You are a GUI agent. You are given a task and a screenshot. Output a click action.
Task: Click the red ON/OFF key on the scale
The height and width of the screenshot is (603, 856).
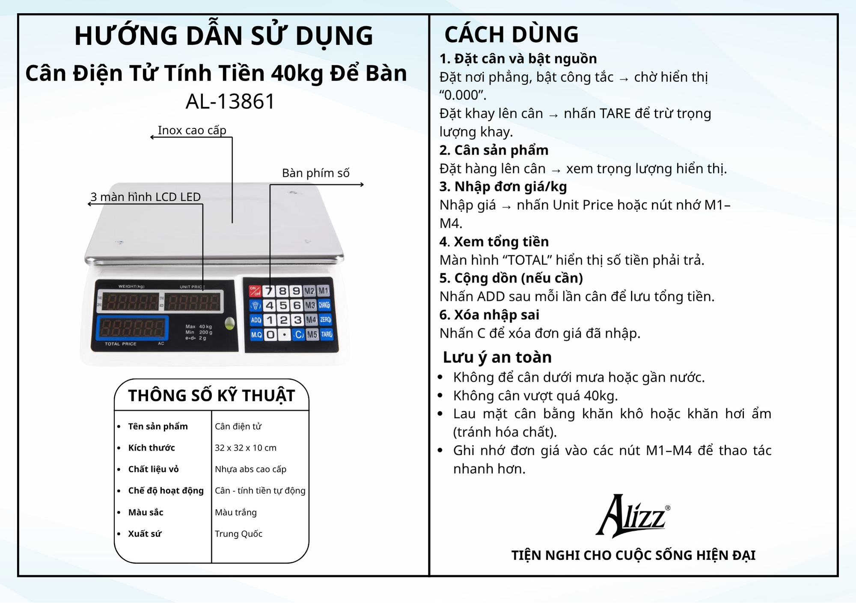[255, 291]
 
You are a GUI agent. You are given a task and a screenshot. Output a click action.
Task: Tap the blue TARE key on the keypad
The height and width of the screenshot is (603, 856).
[327, 334]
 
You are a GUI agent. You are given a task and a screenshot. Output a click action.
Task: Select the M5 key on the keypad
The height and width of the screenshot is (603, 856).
[312, 334]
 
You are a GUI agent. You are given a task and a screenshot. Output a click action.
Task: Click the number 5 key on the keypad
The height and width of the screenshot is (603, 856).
[283, 305]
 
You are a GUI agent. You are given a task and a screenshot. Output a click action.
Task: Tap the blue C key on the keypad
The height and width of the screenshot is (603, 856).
[298, 334]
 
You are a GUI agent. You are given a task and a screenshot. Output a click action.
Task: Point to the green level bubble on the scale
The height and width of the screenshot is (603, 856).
[230, 324]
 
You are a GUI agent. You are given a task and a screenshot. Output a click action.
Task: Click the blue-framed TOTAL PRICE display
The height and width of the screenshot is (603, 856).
[132, 328]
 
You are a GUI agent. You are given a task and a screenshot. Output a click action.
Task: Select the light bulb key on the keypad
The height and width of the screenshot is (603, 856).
[256, 305]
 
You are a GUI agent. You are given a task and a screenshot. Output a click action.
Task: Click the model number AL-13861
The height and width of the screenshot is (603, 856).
[230, 101]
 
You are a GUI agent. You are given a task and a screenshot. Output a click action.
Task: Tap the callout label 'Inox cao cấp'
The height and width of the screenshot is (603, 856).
[192, 130]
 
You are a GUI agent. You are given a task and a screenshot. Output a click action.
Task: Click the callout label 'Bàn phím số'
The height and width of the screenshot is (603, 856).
[315, 173]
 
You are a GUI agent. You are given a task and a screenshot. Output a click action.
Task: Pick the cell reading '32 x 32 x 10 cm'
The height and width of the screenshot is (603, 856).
[246, 448]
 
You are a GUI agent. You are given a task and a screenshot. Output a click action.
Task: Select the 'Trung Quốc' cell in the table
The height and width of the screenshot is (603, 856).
[238, 534]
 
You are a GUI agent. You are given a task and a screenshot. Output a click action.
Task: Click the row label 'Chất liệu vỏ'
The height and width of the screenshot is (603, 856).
[153, 469]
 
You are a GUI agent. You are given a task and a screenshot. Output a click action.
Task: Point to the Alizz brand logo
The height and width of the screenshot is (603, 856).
[633, 516]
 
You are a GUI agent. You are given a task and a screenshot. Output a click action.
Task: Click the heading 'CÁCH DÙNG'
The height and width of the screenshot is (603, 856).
[511, 34]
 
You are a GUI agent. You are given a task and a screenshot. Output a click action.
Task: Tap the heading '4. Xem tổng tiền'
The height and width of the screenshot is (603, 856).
[494, 242]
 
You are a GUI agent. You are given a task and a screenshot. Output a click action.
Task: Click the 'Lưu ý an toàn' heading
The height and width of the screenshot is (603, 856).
[497, 357]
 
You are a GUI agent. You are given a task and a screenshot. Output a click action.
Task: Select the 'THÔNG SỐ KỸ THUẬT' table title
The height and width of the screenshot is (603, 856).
[211, 395]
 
